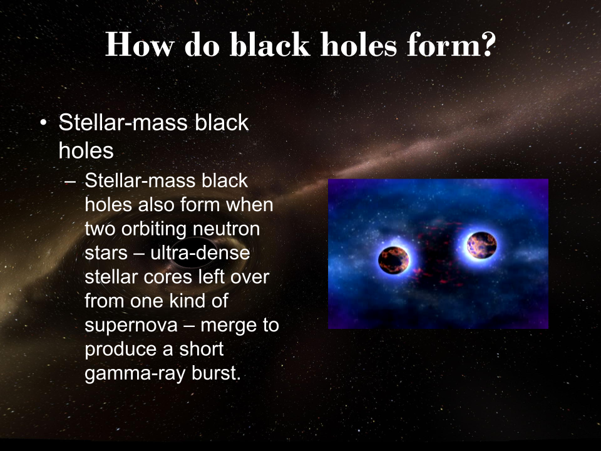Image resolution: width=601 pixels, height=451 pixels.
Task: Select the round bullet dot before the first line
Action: tap(43, 123)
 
